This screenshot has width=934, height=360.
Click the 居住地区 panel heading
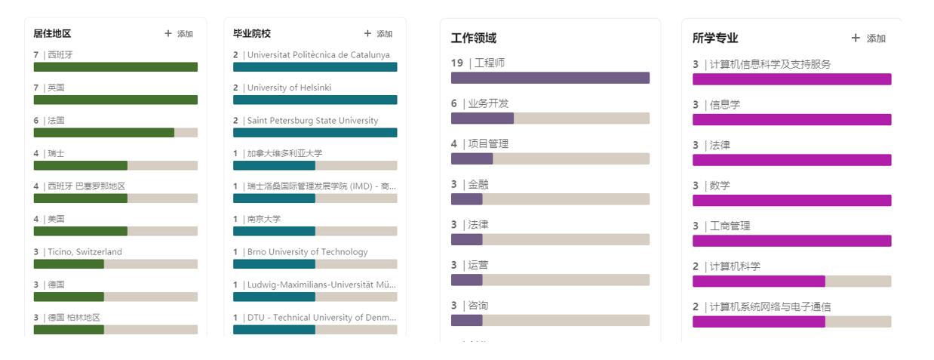pyautogui.click(x=52, y=34)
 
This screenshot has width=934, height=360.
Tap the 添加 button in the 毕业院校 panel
pyautogui.click(x=378, y=34)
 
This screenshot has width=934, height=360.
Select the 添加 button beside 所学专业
pyautogui.click(x=868, y=38)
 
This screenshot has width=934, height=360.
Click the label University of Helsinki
pyautogui.click(x=289, y=88)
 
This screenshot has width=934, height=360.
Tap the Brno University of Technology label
pyautogui.click(x=307, y=252)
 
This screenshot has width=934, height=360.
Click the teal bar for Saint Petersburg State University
pyautogui.click(x=315, y=133)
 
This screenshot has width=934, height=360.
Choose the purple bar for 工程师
pyautogui.click(x=550, y=78)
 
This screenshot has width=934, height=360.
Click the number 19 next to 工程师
pyautogui.click(x=457, y=63)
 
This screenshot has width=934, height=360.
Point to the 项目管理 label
pyautogui.click(x=488, y=144)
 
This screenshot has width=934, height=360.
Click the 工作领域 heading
pyautogui.click(x=474, y=38)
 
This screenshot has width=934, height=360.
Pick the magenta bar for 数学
pyautogui.click(x=791, y=201)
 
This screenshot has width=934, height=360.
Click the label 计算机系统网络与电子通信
pyautogui.click(x=770, y=307)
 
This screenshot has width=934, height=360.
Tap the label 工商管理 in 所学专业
pyautogui.click(x=730, y=226)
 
